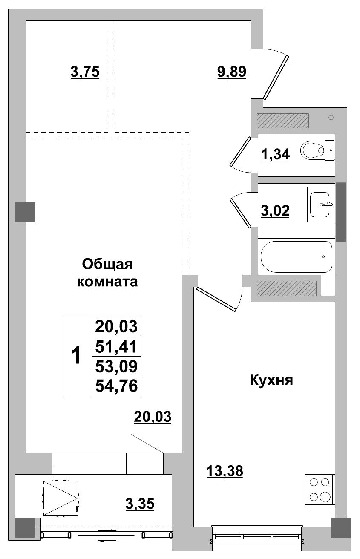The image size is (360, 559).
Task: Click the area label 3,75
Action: [x=85, y=72]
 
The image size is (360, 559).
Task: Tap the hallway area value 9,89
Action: [x=232, y=72]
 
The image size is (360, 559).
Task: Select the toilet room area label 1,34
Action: [x=275, y=155]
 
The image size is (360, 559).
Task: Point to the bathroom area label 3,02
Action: [x=275, y=210]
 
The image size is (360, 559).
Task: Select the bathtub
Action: [x=296, y=256]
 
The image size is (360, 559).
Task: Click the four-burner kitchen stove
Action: [x=320, y=490]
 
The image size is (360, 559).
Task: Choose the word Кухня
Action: [x=271, y=380]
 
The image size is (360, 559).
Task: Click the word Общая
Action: [x=107, y=264]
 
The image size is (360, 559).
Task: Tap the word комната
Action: [x=107, y=282]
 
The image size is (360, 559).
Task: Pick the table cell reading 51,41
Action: [x=116, y=347]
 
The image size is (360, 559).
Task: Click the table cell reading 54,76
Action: [x=116, y=386]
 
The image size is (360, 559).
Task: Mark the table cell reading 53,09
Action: [x=116, y=366]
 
